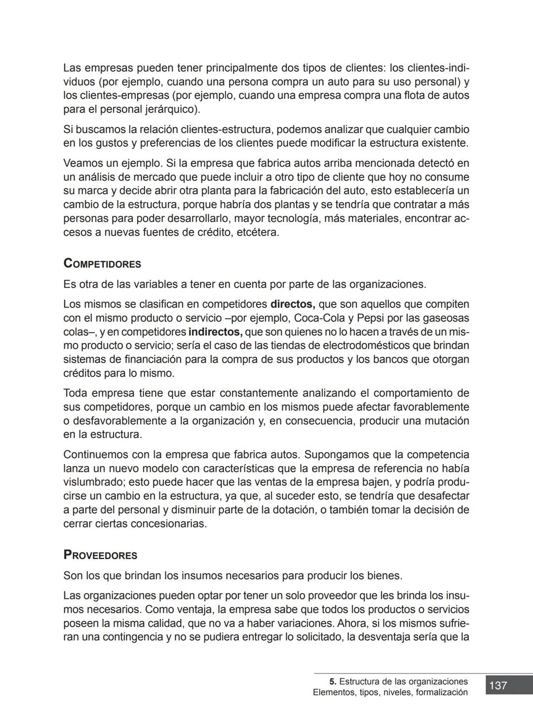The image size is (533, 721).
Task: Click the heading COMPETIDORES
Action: tap(102, 264)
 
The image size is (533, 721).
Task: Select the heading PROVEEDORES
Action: tap(100, 555)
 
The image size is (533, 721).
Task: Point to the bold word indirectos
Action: tap(215, 332)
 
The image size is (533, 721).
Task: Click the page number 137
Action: tap(498, 685)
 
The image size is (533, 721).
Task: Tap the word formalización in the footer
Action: tap(442, 692)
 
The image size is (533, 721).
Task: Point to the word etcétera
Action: tap(258, 232)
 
